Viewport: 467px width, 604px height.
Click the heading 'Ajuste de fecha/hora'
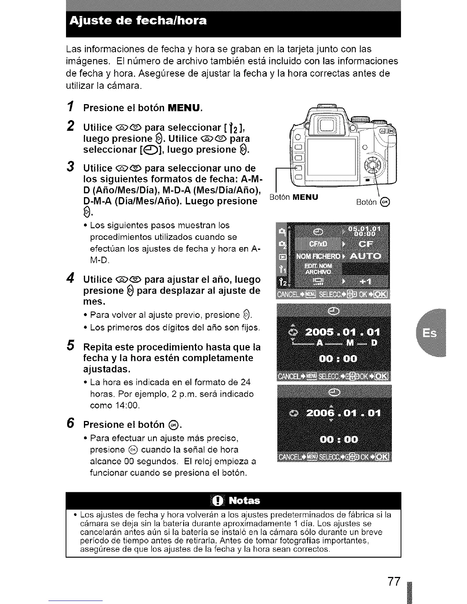click(138, 20)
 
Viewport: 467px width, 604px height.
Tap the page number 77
click(393, 582)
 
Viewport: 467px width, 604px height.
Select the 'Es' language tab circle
click(431, 333)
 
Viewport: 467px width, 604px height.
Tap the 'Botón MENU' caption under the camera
click(293, 197)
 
